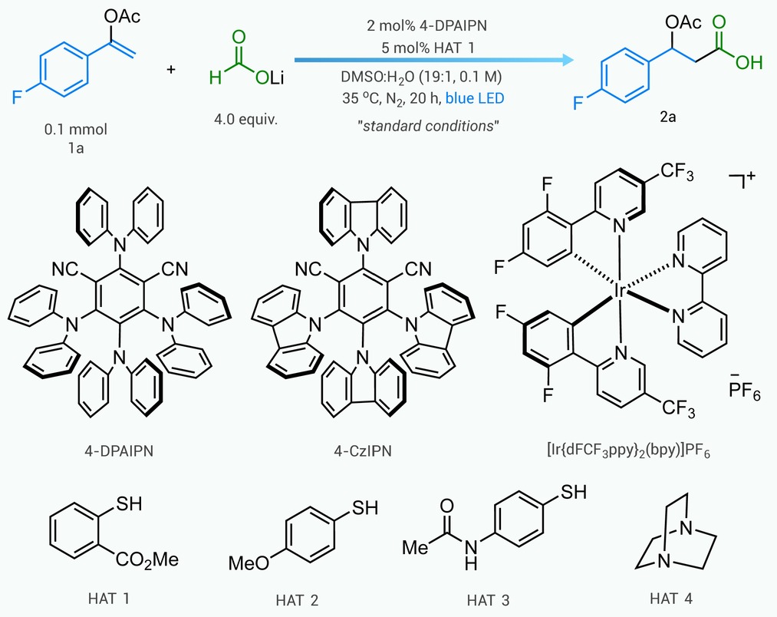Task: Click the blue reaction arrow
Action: point(434,60)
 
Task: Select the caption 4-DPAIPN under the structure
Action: point(118,450)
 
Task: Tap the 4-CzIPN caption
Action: point(363,450)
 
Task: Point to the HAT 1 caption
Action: point(109,599)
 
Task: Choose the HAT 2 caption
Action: point(297,601)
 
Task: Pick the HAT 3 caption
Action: point(488,601)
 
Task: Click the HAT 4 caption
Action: point(671,599)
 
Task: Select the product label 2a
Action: point(667,117)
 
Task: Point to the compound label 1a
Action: point(76,148)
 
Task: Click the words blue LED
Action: point(475,98)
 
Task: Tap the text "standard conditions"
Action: point(428,126)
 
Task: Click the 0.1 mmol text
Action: point(76,130)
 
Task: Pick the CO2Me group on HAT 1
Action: point(147,560)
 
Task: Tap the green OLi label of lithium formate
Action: point(270,78)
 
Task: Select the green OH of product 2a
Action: point(749,62)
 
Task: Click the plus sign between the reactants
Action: point(171,69)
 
